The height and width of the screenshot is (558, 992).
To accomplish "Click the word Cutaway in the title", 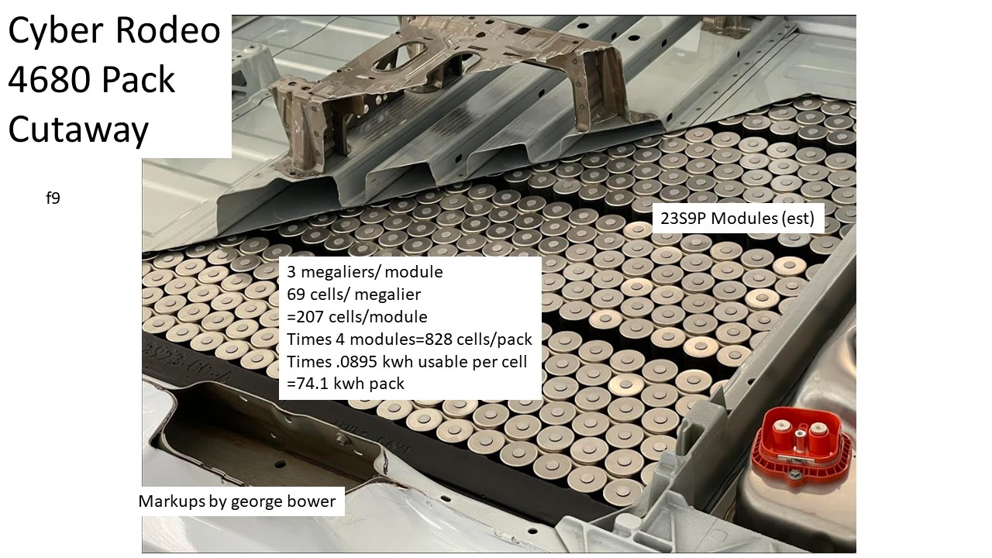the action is (78, 129).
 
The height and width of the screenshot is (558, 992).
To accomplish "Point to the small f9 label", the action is (53, 198).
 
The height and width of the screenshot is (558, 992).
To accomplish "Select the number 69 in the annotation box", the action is (295, 294).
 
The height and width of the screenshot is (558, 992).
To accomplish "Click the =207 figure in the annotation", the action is (305, 317).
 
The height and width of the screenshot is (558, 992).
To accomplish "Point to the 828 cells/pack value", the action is (478, 339).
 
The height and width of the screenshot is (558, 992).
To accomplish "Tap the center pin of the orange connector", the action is (801, 438).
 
